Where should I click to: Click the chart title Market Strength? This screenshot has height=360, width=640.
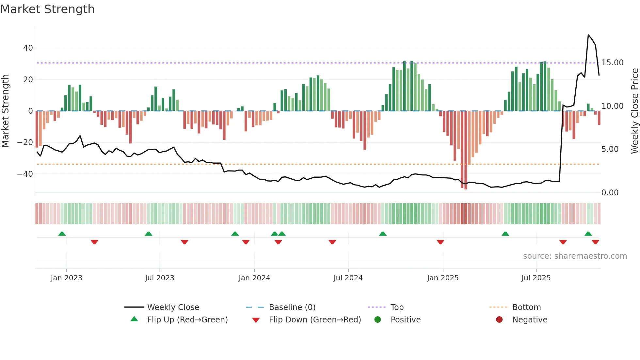tap(47, 9)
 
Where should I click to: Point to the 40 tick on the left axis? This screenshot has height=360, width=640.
tap(28, 48)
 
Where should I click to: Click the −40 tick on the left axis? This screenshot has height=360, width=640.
tap(25, 174)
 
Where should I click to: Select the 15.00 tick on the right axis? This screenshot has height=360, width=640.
tap(612, 63)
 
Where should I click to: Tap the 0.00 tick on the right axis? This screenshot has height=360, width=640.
tap(610, 193)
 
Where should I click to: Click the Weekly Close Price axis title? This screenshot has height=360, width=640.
tap(634, 111)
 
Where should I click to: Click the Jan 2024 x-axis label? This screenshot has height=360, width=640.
tap(254, 278)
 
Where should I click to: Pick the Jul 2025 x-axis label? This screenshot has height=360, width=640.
tap(536, 278)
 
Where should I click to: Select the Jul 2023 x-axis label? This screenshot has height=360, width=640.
tap(160, 278)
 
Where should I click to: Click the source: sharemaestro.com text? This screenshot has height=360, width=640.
tap(575, 256)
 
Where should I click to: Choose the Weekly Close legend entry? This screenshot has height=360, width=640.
tap(173, 307)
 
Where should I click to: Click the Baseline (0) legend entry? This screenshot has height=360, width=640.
tap(292, 307)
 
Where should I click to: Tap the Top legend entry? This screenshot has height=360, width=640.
tap(397, 307)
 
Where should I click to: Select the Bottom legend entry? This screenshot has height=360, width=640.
tap(526, 307)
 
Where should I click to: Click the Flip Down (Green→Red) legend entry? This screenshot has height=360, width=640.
tap(315, 320)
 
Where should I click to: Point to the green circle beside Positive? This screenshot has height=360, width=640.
tap(378, 320)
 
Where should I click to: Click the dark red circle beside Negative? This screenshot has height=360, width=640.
tap(499, 320)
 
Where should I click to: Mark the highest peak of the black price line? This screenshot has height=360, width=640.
tap(588, 35)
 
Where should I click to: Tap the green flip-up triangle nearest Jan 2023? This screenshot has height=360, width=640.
tap(62, 234)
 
